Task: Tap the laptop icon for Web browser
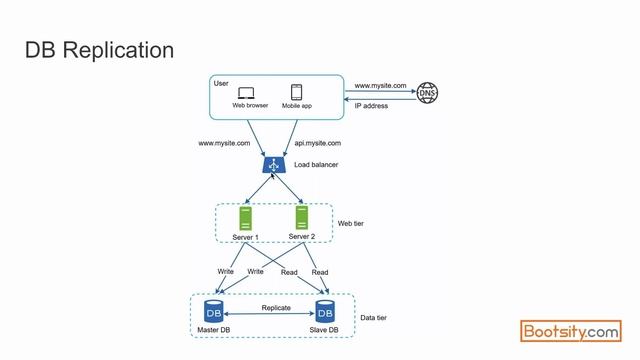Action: [x=246, y=92]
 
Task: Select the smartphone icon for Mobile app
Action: [x=297, y=91]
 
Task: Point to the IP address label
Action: [x=372, y=105]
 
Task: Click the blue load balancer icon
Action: [x=271, y=164]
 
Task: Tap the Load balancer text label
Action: [x=316, y=164]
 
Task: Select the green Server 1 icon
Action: [x=245, y=218]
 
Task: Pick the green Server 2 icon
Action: [x=302, y=217]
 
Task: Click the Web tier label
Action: [x=351, y=224]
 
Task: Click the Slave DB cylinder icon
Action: [x=325, y=311]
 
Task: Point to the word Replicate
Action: [x=276, y=308]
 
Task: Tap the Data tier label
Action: [x=374, y=318]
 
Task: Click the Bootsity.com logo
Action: [x=571, y=331]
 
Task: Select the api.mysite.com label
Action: [x=317, y=144]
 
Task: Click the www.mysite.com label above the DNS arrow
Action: [x=380, y=86]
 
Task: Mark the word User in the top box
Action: [x=222, y=82]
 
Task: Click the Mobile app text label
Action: [x=297, y=105]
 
